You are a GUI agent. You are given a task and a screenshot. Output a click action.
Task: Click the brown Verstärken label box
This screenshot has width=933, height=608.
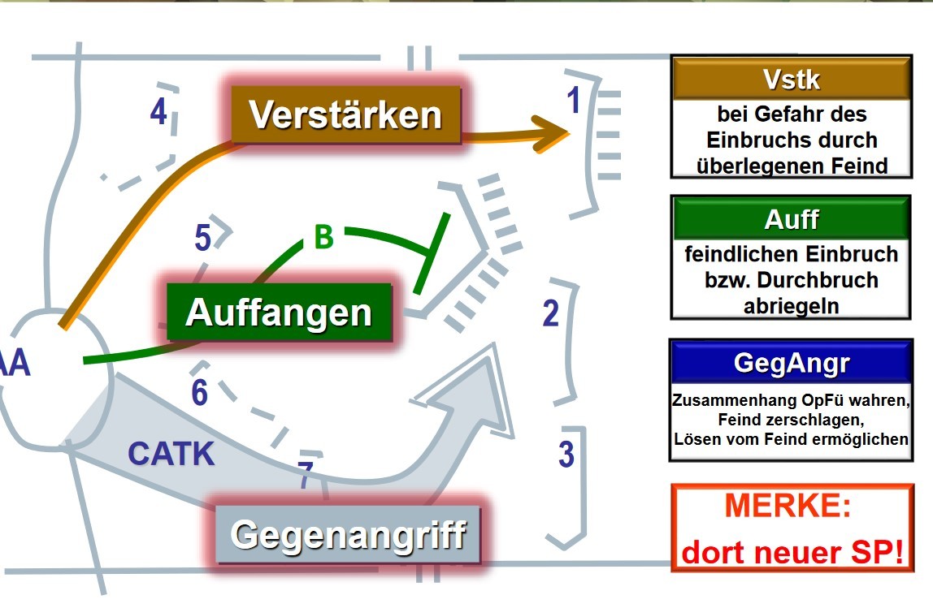pyautogui.click(x=345, y=115)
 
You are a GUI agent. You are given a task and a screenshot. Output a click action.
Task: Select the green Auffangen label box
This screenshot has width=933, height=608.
pyautogui.click(x=279, y=313)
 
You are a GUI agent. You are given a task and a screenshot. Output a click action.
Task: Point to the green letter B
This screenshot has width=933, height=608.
pyautogui.click(x=323, y=238)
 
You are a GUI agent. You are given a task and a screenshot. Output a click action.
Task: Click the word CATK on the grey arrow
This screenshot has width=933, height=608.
pyautogui.click(x=171, y=454)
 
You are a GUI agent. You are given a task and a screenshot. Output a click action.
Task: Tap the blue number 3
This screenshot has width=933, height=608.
pyautogui.click(x=566, y=455)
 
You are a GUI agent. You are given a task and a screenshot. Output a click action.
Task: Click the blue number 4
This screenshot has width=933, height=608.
pyautogui.click(x=158, y=112)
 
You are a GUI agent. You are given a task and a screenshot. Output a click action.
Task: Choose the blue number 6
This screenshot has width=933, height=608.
pyautogui.click(x=200, y=393)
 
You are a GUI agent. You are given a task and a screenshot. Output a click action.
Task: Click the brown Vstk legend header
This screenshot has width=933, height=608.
pyautogui.click(x=792, y=80)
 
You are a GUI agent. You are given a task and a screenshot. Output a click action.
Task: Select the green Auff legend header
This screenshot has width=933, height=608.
pyautogui.click(x=791, y=219)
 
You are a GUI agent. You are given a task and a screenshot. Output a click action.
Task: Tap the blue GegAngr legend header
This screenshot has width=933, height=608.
pyautogui.click(x=791, y=363)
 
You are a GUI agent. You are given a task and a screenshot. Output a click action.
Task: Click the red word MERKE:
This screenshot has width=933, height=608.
pyautogui.click(x=788, y=507)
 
